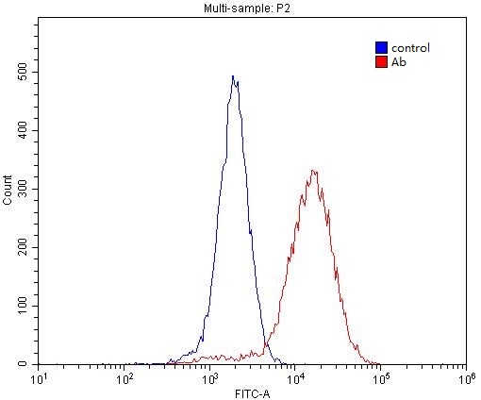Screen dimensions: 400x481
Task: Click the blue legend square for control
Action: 381,47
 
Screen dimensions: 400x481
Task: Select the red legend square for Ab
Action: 381,61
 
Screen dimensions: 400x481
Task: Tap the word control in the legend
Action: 411,48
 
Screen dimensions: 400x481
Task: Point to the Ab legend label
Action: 399,61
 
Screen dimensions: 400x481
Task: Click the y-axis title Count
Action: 8,190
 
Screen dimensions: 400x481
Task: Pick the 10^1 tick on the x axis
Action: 40,378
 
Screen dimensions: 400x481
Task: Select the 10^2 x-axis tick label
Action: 124,378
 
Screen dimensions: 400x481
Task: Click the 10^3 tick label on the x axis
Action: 209,378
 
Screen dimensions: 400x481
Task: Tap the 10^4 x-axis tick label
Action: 295,378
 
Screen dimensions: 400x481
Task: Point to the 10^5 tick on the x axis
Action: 381,378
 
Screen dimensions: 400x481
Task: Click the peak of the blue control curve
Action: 233,77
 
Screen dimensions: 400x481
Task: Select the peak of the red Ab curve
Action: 314,171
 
